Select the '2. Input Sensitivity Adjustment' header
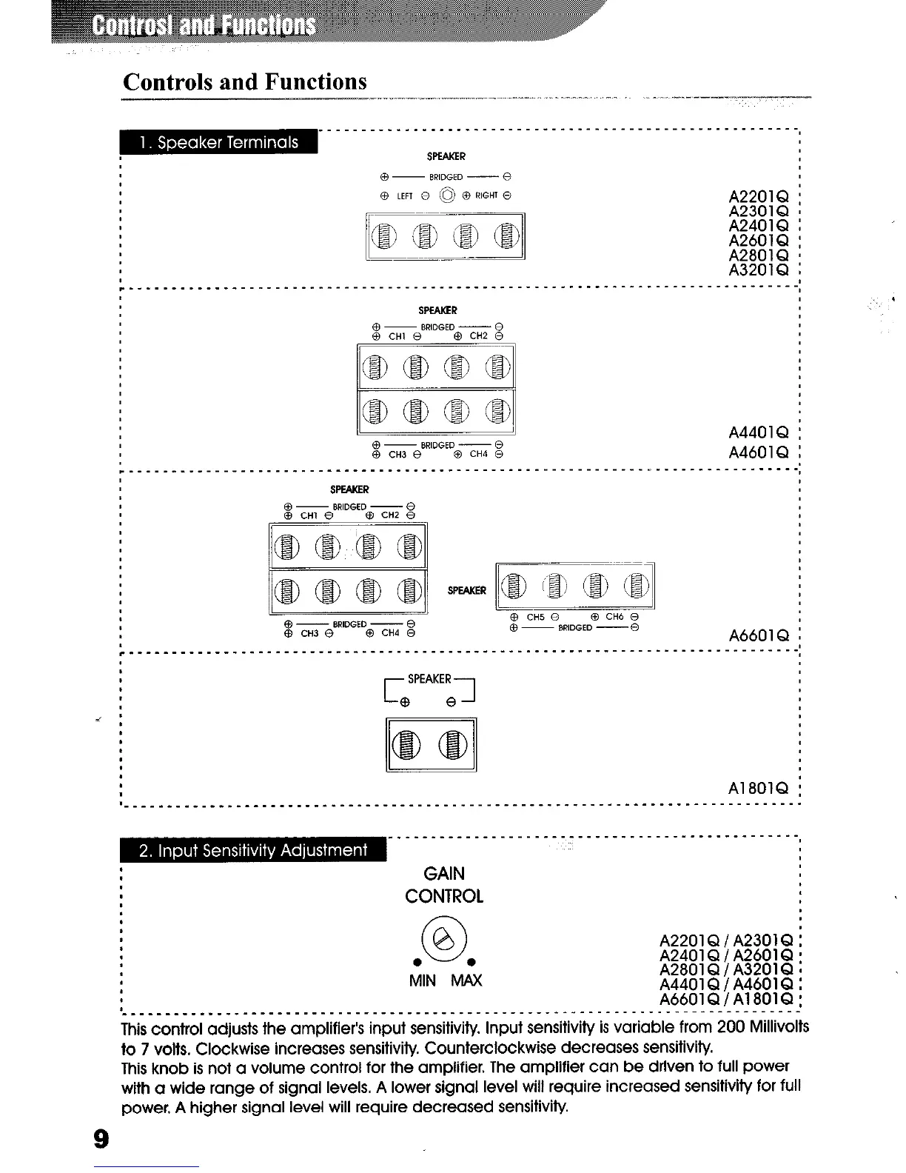253,850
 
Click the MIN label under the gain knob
422,981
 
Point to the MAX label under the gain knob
466,981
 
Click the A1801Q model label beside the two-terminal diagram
759,787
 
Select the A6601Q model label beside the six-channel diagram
759,635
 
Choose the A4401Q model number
759,432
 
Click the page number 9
101,1138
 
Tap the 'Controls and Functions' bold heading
245,81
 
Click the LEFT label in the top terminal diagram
404,196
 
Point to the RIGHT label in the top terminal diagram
486,196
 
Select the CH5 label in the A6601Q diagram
535,617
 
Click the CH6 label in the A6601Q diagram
614,617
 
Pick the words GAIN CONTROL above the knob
443,885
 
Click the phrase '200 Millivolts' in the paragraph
762,1027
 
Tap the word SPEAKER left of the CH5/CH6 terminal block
467,590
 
